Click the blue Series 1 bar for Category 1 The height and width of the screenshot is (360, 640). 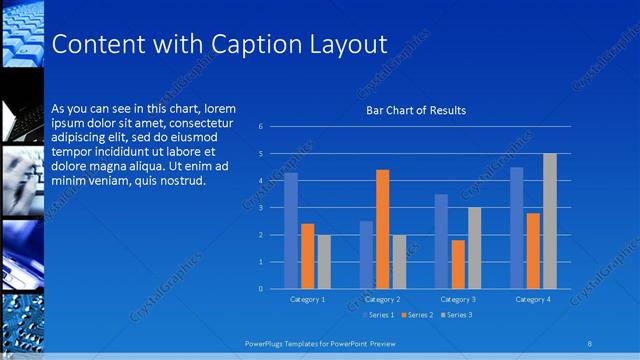point(291,231)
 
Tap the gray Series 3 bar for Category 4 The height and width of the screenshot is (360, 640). point(549,221)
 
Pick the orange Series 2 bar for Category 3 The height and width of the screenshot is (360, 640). point(458,264)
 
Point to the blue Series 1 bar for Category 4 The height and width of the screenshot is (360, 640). point(517,228)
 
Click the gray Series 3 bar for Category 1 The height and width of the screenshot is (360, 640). point(324,262)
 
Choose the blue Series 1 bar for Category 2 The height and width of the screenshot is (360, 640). point(366,255)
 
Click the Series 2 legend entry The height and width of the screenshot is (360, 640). point(417,315)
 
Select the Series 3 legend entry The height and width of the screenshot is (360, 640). point(455,315)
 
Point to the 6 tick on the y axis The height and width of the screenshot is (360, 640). point(260,127)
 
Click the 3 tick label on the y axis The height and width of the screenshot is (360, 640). point(260,208)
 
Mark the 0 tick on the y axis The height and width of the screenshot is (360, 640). point(260,289)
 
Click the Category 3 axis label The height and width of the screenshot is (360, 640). point(458,299)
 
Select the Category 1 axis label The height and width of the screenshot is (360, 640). point(307,299)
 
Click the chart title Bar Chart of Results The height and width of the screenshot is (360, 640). point(416,110)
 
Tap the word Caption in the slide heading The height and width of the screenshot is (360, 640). point(250,44)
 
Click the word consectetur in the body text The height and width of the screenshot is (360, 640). point(201,122)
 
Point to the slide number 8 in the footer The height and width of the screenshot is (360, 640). point(590,343)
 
